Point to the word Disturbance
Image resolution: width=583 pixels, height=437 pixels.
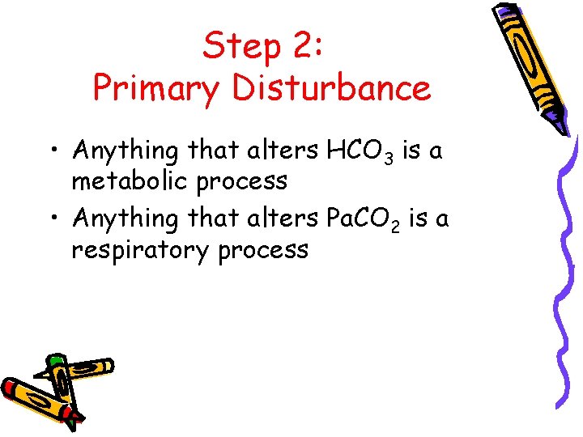[332, 87]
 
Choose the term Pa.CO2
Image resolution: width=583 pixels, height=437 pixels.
[365, 219]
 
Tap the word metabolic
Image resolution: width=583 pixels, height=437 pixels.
[129, 180]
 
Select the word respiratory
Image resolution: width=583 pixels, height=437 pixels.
[140, 250]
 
